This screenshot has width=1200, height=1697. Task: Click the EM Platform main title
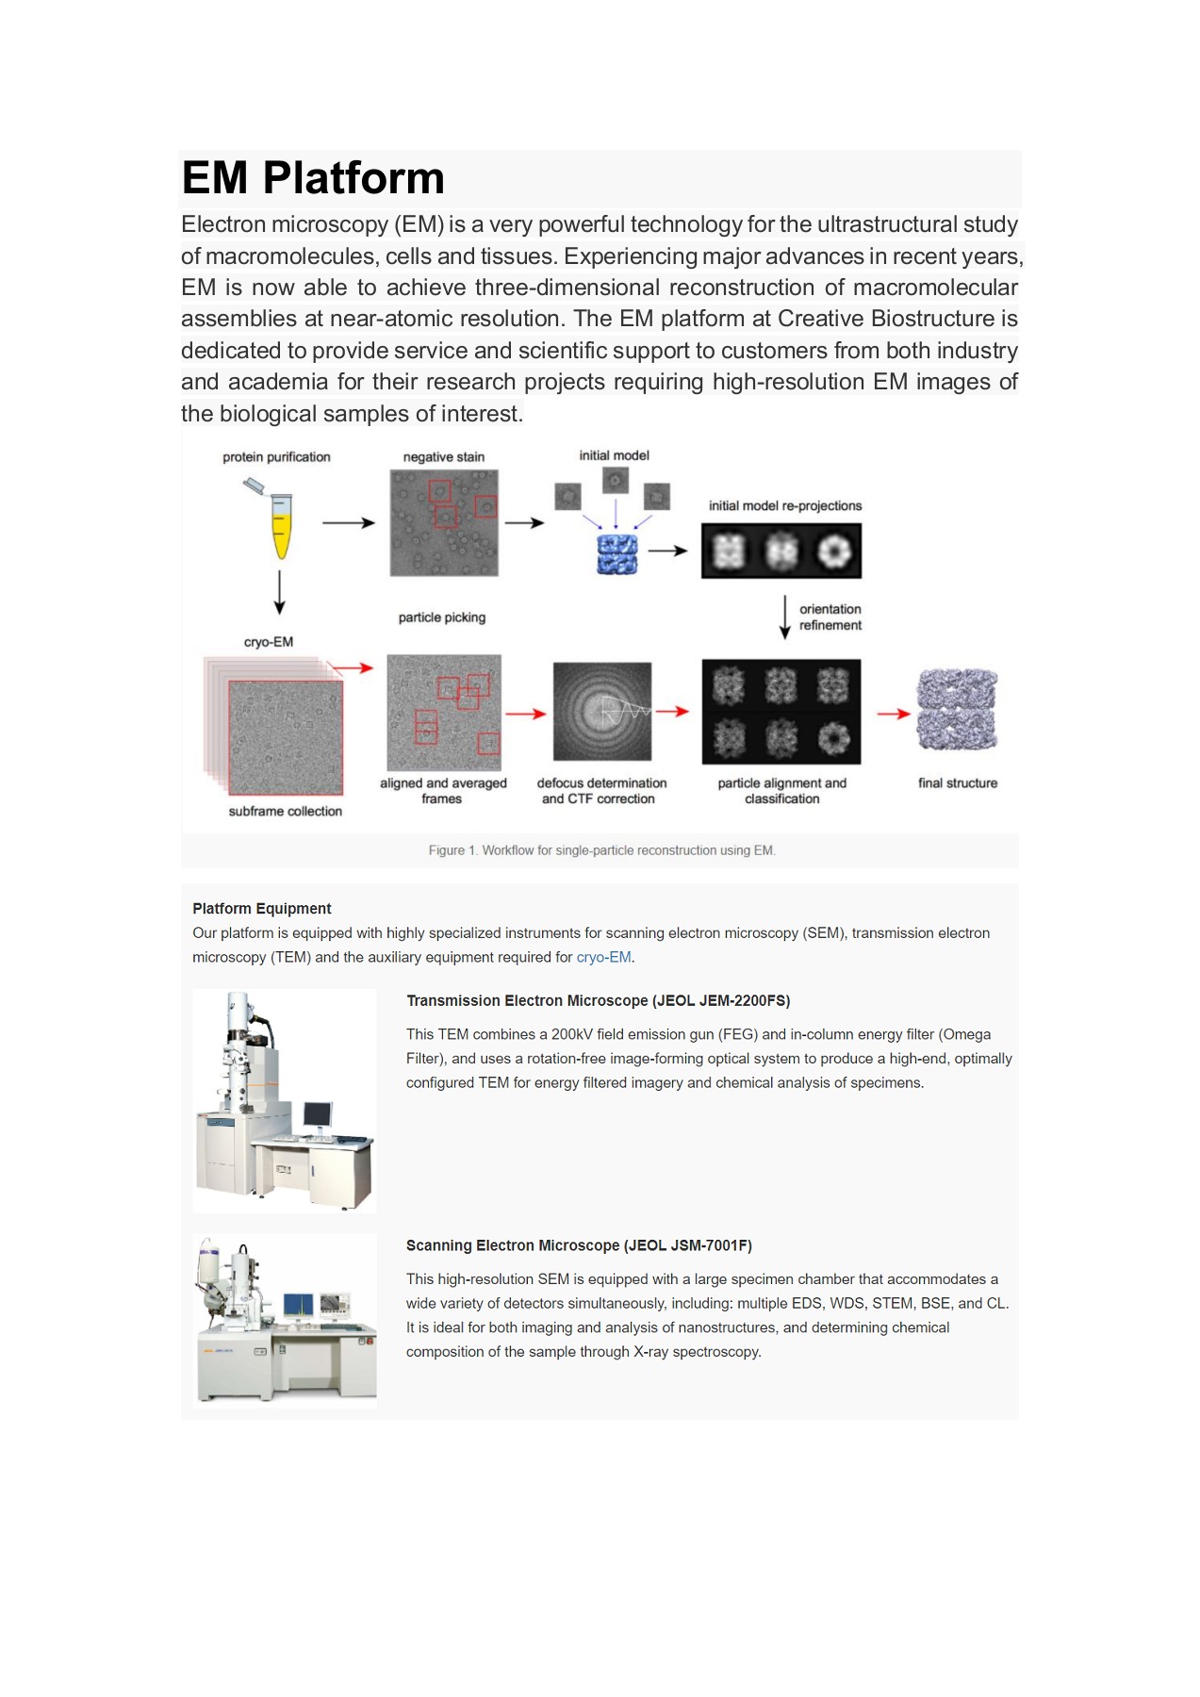pos(313,178)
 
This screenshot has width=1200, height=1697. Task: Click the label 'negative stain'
pos(443,457)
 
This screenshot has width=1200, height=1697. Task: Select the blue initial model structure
pos(617,553)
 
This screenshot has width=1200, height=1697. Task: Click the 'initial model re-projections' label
pos(785,506)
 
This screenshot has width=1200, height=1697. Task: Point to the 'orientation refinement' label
pos(830,618)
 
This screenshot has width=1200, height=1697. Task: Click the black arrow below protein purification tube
pos(279,592)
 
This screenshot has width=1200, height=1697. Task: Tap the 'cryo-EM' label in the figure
pos(269,642)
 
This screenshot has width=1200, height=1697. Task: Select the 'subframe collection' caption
pos(285,812)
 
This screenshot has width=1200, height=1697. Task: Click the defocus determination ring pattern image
pos(602,712)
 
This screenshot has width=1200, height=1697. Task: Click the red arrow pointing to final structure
pos(893,714)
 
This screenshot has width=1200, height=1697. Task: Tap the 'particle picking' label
pos(441,618)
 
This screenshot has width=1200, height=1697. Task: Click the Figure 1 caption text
pos(601,850)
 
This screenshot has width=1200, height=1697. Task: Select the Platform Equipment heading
pos(262,909)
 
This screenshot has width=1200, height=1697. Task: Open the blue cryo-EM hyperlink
pos(603,957)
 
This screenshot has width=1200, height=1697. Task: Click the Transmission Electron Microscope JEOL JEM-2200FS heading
pos(598,1001)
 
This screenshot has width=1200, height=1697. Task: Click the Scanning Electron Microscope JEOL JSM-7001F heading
pos(579,1245)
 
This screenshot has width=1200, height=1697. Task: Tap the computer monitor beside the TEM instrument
pos(318,1115)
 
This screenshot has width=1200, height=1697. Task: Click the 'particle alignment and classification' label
pos(781,791)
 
